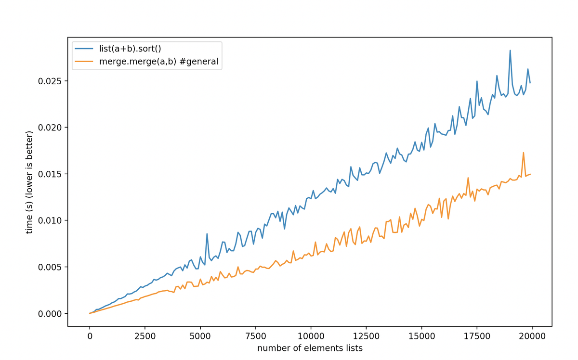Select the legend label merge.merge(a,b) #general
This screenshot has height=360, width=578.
[x=162, y=61]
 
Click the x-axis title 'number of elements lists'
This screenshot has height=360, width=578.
[x=310, y=348]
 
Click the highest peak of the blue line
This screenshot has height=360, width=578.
[x=510, y=50]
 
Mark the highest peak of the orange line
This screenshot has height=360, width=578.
[x=523, y=153]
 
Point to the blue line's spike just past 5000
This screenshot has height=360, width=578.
[x=207, y=234]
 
